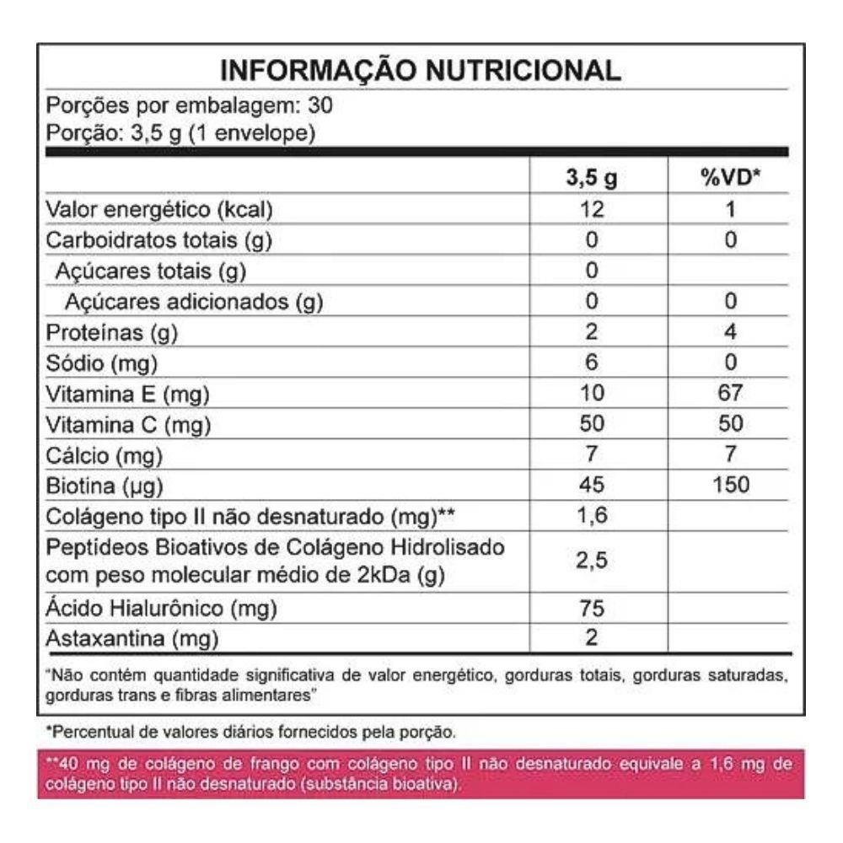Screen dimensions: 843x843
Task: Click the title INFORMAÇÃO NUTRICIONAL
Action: [421, 70]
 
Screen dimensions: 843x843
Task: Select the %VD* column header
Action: [730, 180]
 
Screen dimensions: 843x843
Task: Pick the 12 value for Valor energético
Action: [591, 210]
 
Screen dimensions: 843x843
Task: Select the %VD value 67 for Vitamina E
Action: [730, 394]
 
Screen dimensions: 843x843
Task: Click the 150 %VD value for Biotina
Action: [730, 486]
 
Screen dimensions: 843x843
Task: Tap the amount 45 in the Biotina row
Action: [591, 486]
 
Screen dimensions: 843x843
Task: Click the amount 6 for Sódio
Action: [591, 363]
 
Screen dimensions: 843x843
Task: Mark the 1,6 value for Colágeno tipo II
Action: [591, 516]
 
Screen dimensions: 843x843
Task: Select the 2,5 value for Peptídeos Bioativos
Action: [591, 561]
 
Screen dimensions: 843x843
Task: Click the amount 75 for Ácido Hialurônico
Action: [591, 608]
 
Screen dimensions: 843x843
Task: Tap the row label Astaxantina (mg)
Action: [132, 639]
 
